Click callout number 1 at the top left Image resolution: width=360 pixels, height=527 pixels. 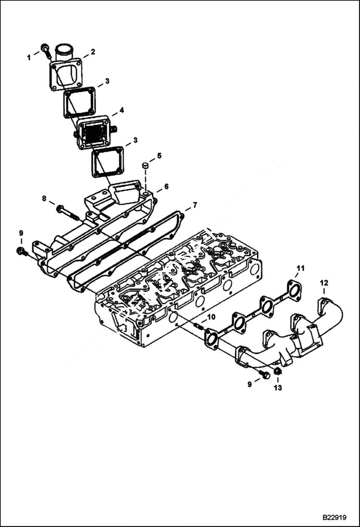28,57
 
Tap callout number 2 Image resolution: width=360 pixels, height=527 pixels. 93,51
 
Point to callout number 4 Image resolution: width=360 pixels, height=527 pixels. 122,110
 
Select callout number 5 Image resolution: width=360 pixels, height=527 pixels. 159,156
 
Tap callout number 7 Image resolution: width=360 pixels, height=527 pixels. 194,205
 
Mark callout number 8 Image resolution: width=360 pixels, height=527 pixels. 44,198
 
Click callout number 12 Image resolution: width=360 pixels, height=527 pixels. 324,283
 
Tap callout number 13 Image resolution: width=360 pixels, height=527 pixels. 278,387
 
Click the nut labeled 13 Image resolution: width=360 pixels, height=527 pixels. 278,371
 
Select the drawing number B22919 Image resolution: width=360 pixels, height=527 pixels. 335,518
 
